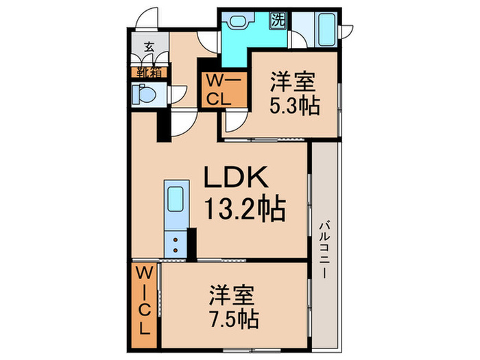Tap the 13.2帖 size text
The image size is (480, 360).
click(242, 210)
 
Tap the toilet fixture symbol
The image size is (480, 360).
click(141, 94)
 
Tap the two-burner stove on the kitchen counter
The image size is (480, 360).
click(176, 245)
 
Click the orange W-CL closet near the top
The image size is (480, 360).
click(221, 89)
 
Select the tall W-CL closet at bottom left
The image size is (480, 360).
click(145, 301)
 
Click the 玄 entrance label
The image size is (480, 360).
click(149, 48)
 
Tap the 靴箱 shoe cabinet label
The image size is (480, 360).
click(149, 71)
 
